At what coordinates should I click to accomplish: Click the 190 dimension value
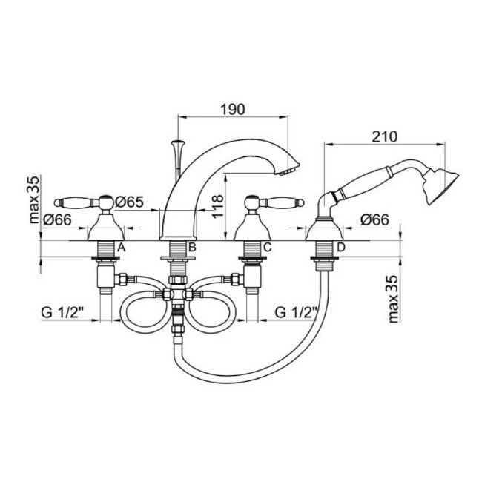pos(233,109)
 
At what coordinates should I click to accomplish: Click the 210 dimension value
pos(385,136)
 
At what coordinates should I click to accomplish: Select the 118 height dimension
pos(218,206)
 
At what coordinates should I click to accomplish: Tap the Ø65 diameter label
pos(129,202)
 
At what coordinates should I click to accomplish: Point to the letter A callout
pos(122,247)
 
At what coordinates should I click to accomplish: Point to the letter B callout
pos(192,247)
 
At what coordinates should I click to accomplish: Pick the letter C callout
pos(268,247)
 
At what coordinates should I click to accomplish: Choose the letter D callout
pos(341,247)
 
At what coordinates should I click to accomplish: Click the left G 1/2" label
pos(63,313)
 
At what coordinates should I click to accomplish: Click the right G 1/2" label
pos(296,313)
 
